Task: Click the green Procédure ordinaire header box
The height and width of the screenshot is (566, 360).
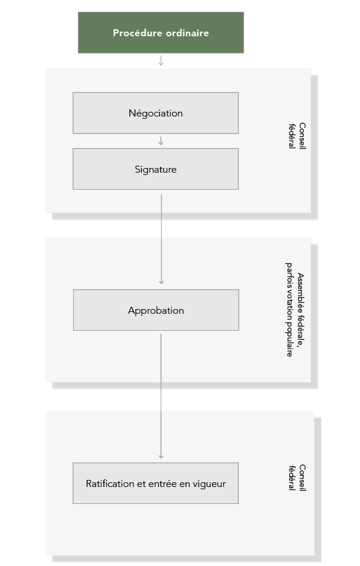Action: pos(160,33)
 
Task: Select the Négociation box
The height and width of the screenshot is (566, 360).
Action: pos(156,113)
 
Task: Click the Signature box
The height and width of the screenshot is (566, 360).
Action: pos(156,169)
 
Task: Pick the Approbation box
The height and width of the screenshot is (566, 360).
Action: pos(156,310)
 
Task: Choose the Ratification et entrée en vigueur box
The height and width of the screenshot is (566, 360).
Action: pos(156,483)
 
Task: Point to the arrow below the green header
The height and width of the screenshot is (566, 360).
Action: pos(161,61)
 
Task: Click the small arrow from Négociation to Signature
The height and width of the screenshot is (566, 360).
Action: pos(161,141)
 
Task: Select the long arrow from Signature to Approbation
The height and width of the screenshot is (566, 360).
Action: pos(162,239)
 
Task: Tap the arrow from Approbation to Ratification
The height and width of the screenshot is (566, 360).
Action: pos(161,396)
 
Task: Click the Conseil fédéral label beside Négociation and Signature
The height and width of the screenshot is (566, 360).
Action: pos(297,136)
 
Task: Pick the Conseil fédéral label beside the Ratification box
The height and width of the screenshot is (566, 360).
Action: pos(297,478)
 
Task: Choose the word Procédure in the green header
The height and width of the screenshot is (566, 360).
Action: pos(137,33)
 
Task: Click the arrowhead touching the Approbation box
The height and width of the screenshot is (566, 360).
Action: pos(162,282)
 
